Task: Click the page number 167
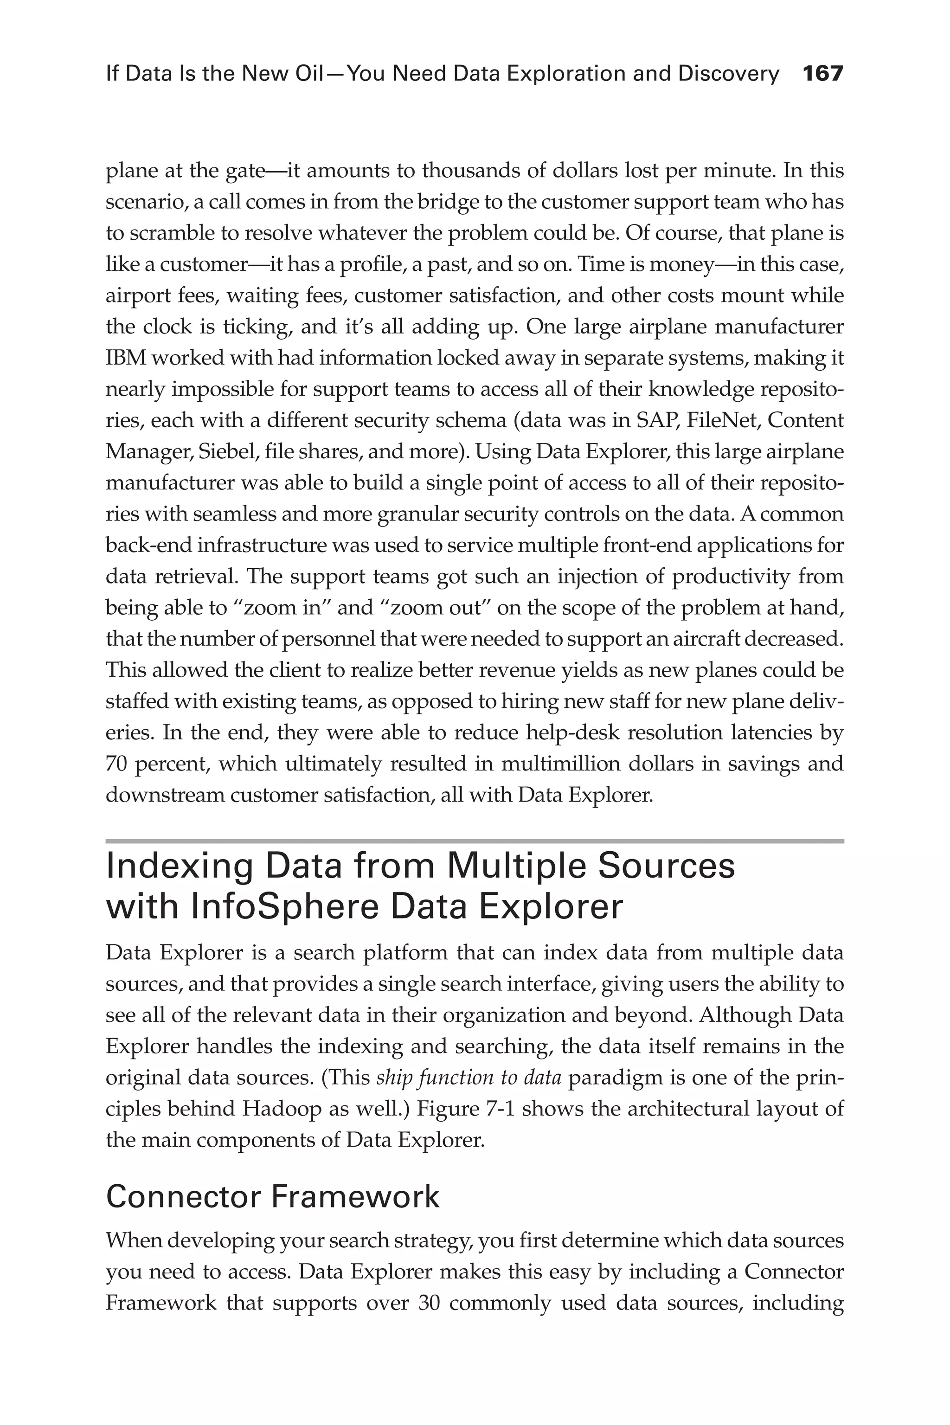tap(822, 74)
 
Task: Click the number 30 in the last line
tap(428, 1303)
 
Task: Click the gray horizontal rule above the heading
tap(475, 841)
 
